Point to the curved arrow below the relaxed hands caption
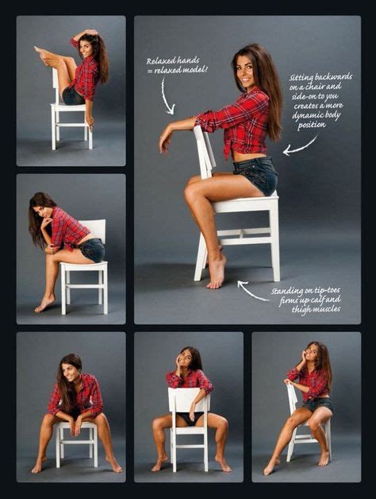pyautogui.click(x=165, y=98)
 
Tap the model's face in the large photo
pyautogui.click(x=246, y=72)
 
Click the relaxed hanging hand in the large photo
pyautogui.click(x=166, y=141)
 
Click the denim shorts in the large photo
pyautogui.click(x=257, y=175)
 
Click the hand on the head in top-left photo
pyautogui.click(x=91, y=32)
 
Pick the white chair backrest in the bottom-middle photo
pyautogui.click(x=189, y=400)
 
